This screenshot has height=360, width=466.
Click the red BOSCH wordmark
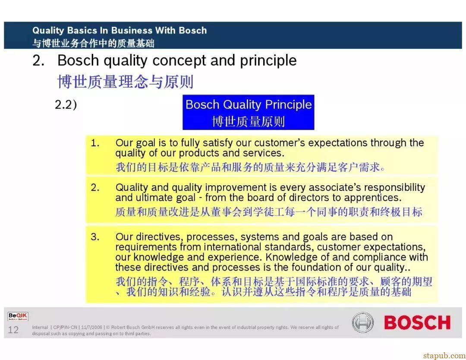click(x=417, y=322)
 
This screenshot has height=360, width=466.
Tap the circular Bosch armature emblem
click(x=362, y=322)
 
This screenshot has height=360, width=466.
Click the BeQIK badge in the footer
click(x=18, y=316)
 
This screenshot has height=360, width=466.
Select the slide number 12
click(x=13, y=330)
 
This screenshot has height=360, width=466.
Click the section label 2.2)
click(x=66, y=104)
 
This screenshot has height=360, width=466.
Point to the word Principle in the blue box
click(x=288, y=104)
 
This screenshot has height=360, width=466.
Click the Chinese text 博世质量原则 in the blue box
click(x=249, y=122)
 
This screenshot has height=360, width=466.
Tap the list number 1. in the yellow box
click(x=95, y=143)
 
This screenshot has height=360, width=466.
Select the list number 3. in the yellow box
click(x=95, y=237)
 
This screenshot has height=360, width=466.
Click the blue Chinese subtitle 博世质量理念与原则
click(x=126, y=82)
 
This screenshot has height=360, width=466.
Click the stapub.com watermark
click(x=444, y=356)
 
